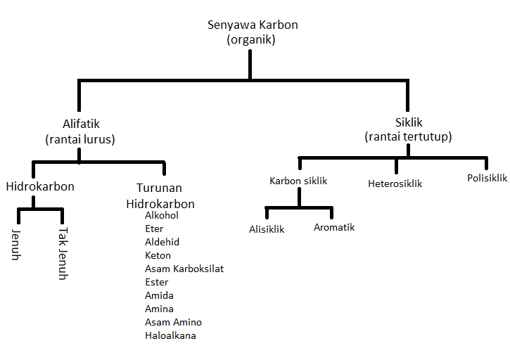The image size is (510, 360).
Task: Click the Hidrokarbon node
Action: tap(40, 187)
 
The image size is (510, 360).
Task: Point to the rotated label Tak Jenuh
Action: tap(63, 252)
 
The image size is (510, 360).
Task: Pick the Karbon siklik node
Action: tap(298, 181)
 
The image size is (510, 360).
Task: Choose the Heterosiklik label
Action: tap(395, 184)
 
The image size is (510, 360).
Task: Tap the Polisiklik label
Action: tap(487, 178)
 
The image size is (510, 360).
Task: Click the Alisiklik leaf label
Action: tap(267, 229)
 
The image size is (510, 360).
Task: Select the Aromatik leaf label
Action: tap(334, 227)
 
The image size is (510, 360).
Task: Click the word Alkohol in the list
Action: tap(162, 216)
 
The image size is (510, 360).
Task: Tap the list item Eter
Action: tap(154, 229)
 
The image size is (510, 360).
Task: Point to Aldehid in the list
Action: tap(162, 243)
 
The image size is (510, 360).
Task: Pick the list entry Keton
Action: tap(158, 256)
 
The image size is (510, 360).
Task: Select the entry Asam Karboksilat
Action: tap(184, 269)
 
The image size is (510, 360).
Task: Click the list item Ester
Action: tap(156, 283)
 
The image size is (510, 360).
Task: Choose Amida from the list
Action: tap(159, 296)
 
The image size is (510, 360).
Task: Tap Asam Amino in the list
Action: tap(173, 323)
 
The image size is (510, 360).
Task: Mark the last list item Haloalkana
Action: tap(170, 336)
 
